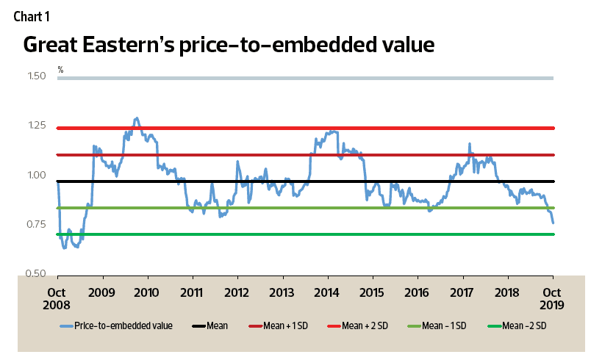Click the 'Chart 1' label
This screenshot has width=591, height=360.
[30, 15]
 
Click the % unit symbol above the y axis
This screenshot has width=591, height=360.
[61, 70]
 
